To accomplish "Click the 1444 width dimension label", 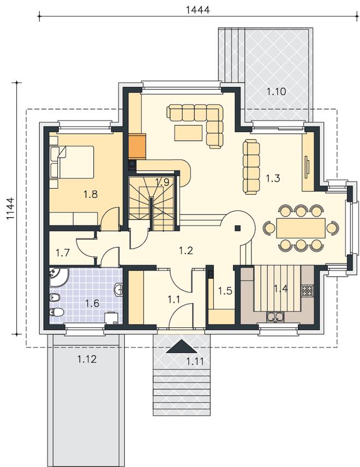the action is [x=197, y=10].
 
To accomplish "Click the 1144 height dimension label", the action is [x=10, y=208].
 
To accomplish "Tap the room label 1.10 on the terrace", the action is [x=276, y=92].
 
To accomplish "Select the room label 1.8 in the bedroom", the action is [x=91, y=194].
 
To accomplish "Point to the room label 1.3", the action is [x=273, y=178].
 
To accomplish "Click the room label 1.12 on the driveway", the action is [x=87, y=359].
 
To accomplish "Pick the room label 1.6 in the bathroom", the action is [x=92, y=303].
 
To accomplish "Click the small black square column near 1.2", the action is [x=237, y=228].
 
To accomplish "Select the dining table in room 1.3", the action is [x=301, y=228].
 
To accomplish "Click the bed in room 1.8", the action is [x=72, y=163].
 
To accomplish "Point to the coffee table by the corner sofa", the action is [x=189, y=133].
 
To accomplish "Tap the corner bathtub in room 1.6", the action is [x=59, y=277].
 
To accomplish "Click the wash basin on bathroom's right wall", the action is [x=119, y=290].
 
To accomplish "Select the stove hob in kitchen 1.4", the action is [x=307, y=290].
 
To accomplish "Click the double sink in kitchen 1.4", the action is [x=274, y=316].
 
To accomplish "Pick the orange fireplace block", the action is [x=137, y=146].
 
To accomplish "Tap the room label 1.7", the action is [x=63, y=253].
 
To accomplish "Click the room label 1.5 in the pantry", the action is [x=225, y=290].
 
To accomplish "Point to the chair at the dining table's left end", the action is [x=269, y=228].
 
